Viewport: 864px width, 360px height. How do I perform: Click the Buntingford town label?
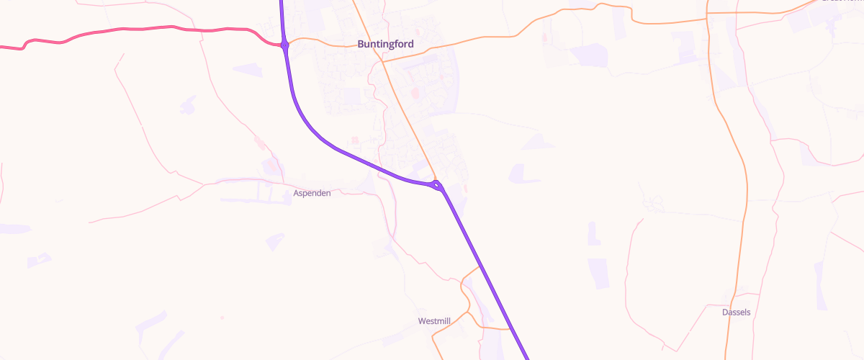click(385, 44)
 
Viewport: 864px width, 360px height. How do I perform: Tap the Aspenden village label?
click(312, 194)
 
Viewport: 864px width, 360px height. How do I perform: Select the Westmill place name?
click(434, 320)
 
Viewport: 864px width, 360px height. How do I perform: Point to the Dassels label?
click(737, 312)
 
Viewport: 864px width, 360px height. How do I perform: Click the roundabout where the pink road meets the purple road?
click(285, 45)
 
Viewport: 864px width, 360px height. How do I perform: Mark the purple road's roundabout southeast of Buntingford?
click(438, 186)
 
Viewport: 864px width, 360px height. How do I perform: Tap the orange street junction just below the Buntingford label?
click(382, 62)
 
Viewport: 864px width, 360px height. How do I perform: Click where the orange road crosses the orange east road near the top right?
click(708, 14)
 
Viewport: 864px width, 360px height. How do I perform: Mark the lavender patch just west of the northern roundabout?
click(248, 70)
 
